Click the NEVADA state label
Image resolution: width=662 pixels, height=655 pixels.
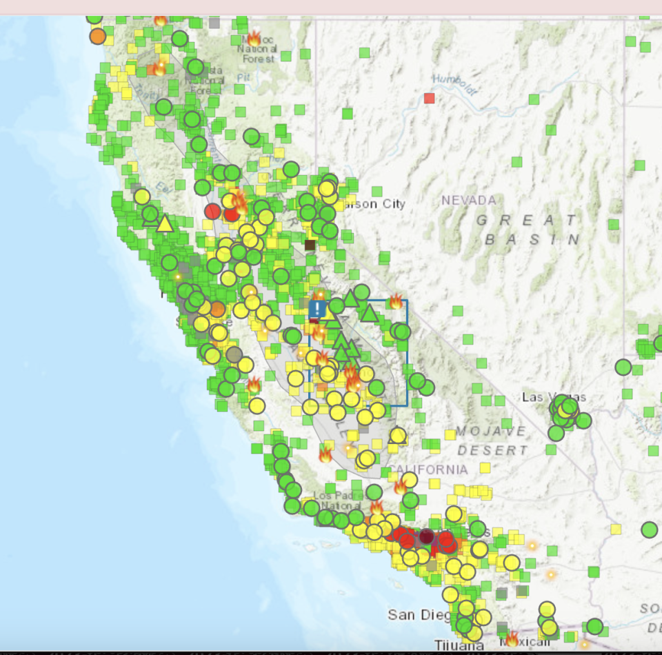pos(469,200)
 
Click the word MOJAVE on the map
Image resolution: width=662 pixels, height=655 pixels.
pos(490,431)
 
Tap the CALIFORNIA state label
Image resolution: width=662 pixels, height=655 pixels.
pos(429,470)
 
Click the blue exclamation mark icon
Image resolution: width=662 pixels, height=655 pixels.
pos(317,308)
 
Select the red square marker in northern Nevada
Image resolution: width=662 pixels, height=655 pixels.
pos(430,98)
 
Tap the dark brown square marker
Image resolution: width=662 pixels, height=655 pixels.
pos(310,245)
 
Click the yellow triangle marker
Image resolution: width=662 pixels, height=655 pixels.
pos(164,223)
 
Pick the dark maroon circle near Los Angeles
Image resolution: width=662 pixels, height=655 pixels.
pos(426,536)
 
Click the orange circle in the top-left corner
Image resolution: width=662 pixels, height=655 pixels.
pos(98,35)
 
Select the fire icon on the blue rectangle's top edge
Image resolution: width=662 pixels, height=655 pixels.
pos(396,301)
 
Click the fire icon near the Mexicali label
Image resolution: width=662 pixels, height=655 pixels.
pos(511,639)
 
